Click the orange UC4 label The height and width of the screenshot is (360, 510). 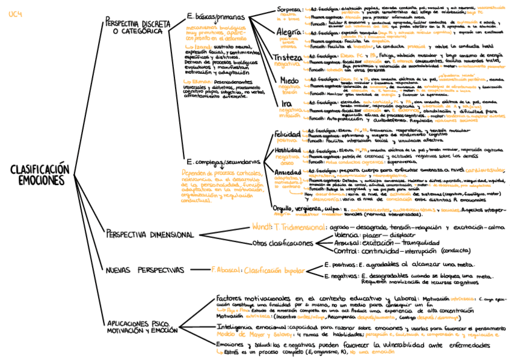coord(16,15)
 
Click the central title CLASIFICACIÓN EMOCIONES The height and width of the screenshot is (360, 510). coord(40,174)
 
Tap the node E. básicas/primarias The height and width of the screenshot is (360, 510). coord(216,17)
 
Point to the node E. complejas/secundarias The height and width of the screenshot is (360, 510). coord(223,162)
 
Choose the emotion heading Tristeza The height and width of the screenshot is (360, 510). coord(287,56)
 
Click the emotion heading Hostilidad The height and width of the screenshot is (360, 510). coord(287,150)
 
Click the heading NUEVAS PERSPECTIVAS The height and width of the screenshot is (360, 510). coord(145,270)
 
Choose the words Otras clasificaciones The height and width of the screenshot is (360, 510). coord(283,243)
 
